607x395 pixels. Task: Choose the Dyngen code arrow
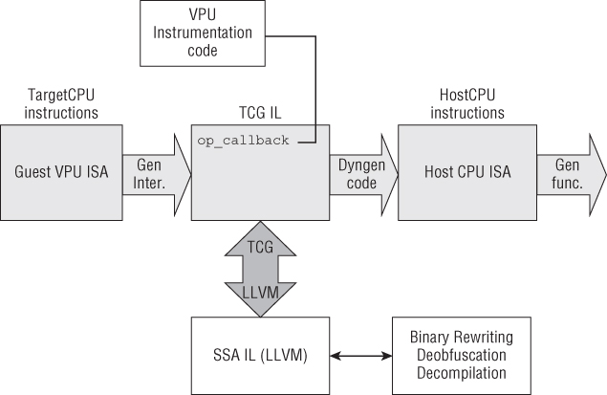(362, 172)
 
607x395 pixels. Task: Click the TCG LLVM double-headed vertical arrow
(260, 269)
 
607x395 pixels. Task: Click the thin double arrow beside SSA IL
(357, 357)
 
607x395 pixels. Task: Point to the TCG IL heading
(259, 113)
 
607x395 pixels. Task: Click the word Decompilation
(461, 373)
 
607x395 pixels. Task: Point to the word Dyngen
(362, 165)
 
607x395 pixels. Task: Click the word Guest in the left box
(33, 172)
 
